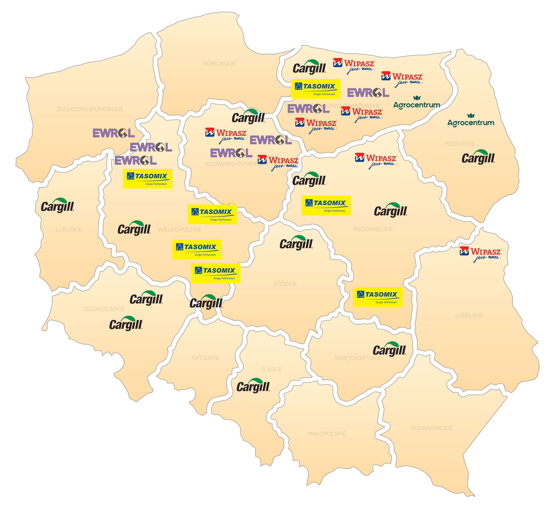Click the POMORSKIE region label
click(219, 64)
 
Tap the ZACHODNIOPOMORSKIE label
click(90, 109)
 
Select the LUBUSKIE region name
click(69, 230)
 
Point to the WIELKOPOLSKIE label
click(179, 230)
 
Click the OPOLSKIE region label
click(205, 358)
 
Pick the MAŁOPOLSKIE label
click(326, 434)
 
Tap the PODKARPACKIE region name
click(432, 428)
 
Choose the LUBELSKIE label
click(469, 315)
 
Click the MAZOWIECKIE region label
click(373, 229)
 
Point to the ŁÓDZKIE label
click(285, 284)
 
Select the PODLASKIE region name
click(459, 144)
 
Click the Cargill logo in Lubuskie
click(57, 206)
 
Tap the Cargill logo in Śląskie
click(253, 386)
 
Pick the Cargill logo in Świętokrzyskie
click(389, 350)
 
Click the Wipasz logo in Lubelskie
click(480, 254)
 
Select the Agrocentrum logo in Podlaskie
click(471, 121)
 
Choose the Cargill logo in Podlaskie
click(478, 158)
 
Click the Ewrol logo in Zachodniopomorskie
click(113, 134)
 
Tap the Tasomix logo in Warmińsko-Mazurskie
click(316, 89)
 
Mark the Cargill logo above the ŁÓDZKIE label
click(296, 243)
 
